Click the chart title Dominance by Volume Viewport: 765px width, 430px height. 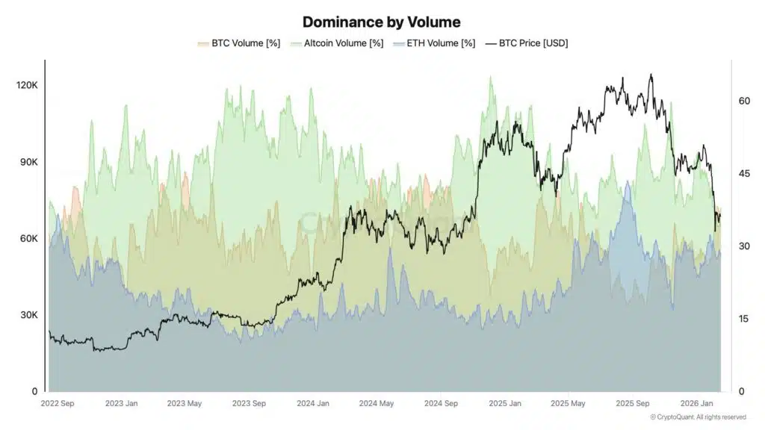381,22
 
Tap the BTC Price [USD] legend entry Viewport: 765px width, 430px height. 528,43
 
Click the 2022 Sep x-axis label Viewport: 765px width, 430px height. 57,403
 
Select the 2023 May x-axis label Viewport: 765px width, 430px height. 185,403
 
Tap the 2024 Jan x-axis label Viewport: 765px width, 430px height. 312,403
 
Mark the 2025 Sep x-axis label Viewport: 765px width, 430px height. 631,403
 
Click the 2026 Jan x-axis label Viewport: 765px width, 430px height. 696,403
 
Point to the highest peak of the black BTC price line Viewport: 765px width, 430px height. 651,74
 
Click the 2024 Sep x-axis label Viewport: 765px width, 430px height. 441,403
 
